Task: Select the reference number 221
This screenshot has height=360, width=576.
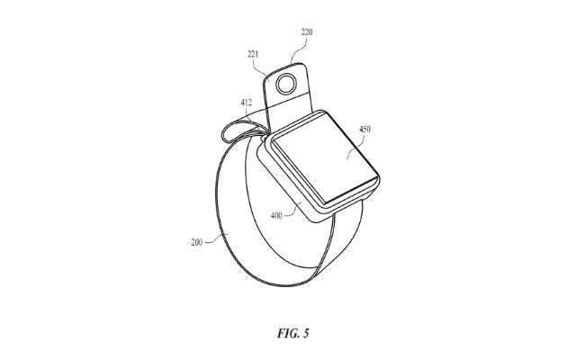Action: click(x=255, y=55)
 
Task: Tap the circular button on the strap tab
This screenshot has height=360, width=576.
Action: click(x=288, y=85)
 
